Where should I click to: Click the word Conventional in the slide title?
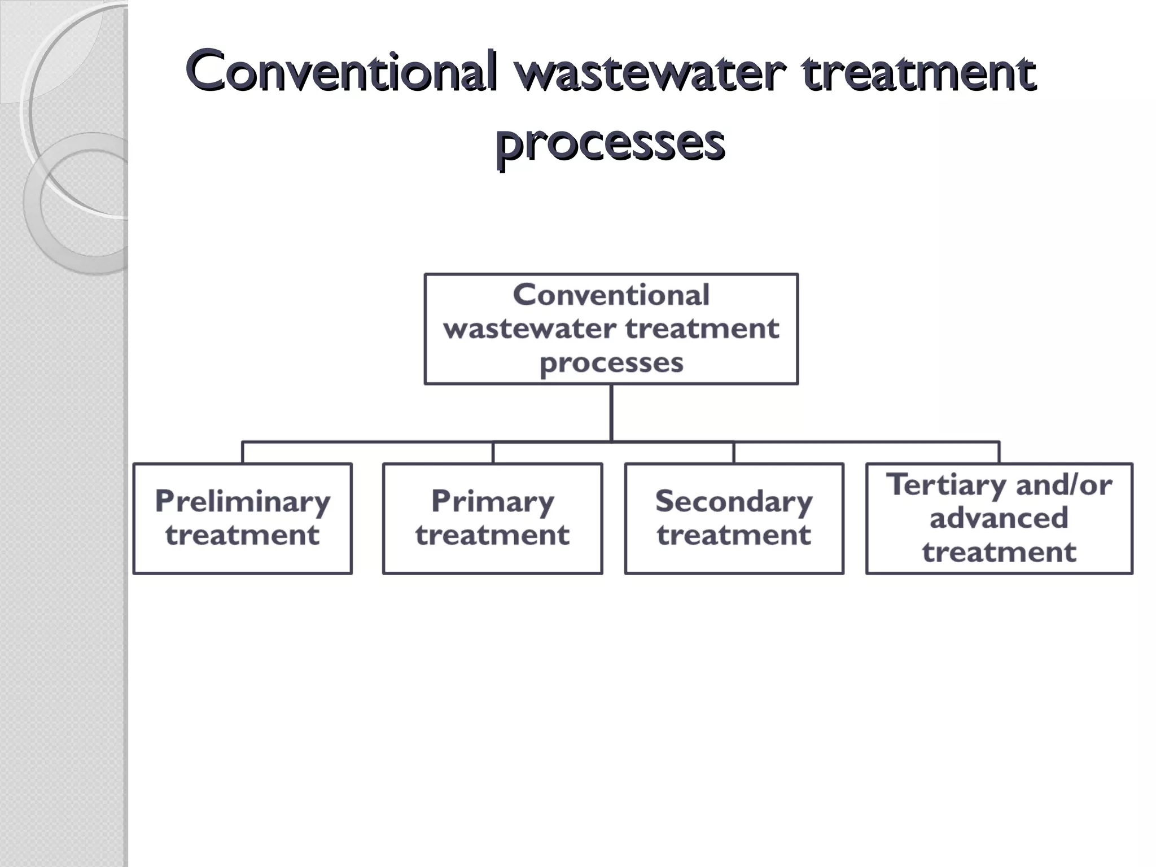click(341, 72)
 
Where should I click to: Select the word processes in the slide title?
click(610, 142)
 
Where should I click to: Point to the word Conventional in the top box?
click(611, 295)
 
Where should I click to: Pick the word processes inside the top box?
click(611, 362)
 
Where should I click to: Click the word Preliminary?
click(243, 501)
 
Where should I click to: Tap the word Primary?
click(492, 501)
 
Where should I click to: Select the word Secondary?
click(734, 501)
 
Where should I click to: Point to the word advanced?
click(999, 518)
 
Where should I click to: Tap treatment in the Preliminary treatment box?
click(243, 535)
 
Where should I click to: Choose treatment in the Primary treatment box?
click(492, 535)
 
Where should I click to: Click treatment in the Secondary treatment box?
click(734, 535)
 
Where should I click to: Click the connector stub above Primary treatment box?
click(493, 453)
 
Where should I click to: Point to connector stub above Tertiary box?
click(999, 453)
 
